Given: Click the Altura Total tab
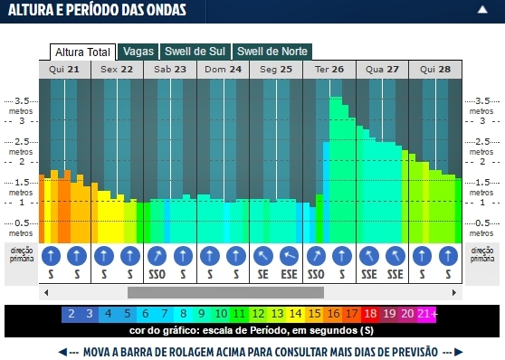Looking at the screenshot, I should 83,52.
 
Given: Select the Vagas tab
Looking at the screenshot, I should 138,52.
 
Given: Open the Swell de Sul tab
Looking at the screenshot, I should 195,52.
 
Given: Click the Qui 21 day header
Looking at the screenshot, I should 64,69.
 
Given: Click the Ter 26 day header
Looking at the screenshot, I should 329,69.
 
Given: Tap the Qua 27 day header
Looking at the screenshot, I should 381,69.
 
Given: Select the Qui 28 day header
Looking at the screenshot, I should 434,69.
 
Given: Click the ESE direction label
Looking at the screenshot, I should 290,274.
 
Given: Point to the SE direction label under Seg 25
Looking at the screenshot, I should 262,274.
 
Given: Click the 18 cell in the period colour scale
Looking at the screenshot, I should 371,315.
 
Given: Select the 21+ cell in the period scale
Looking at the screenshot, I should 427,315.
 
